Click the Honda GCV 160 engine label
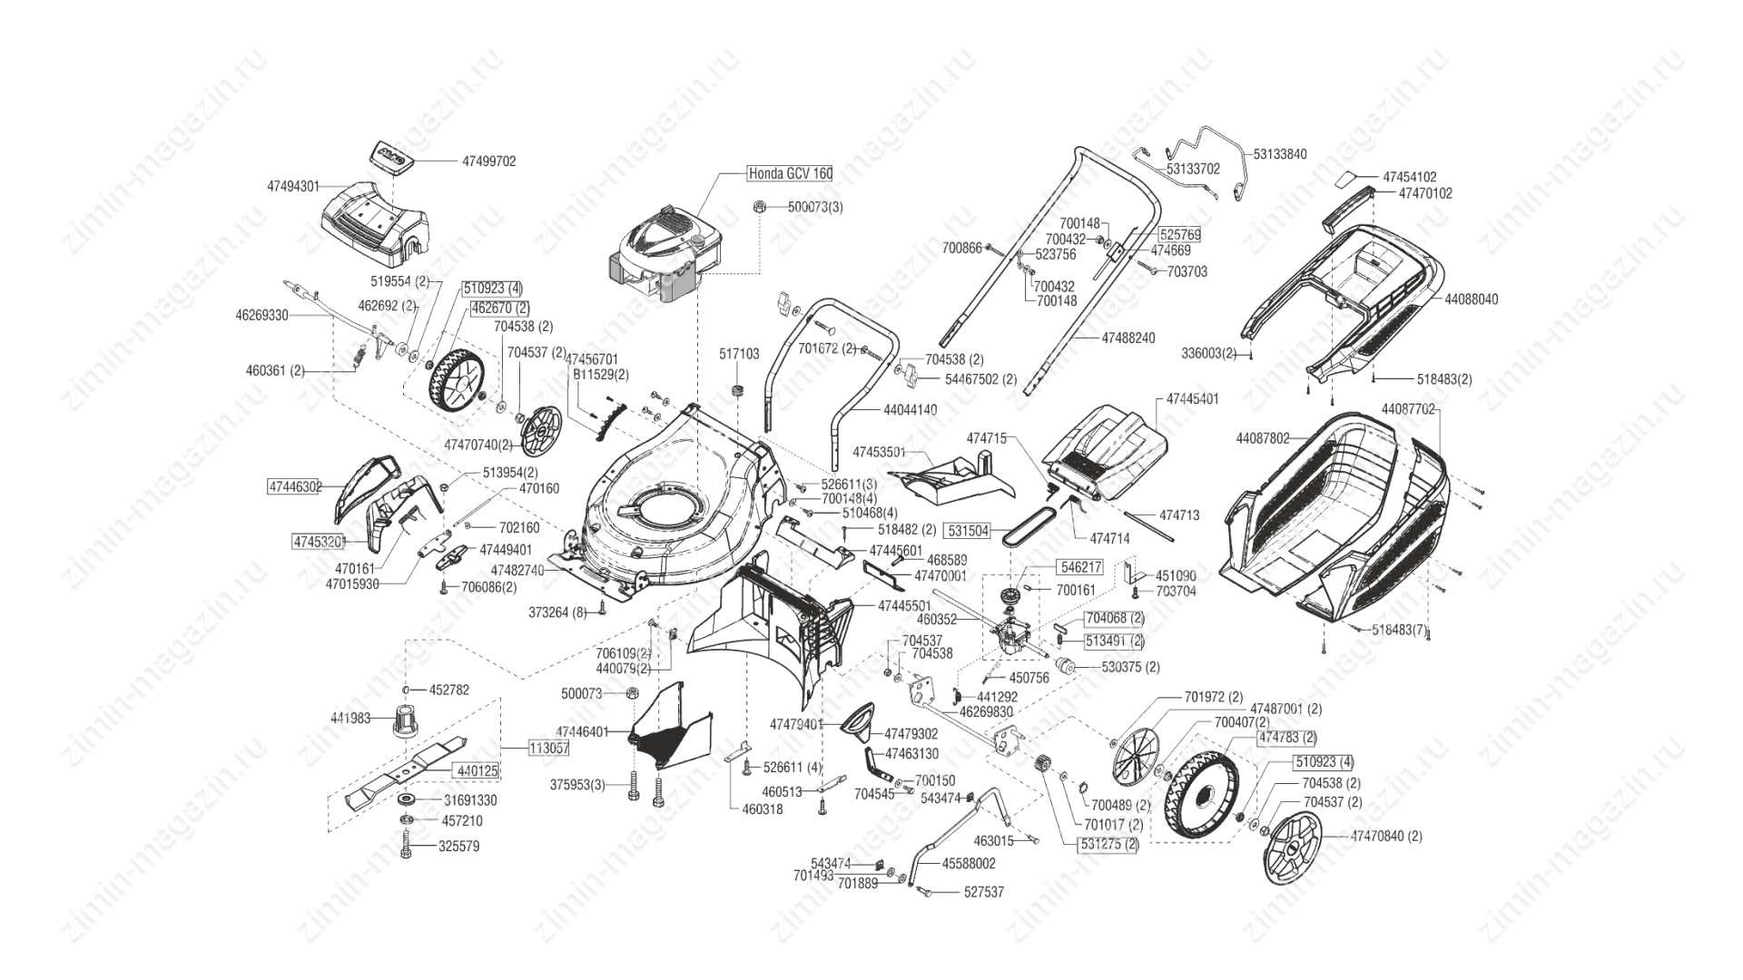point(789,173)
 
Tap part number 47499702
point(488,162)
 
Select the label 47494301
point(293,186)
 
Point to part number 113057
point(549,748)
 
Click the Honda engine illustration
point(663,254)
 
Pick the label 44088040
point(1471,299)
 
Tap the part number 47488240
point(1128,338)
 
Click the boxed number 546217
point(1081,567)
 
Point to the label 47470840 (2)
point(1386,836)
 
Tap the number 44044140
point(910,410)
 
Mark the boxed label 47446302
point(295,486)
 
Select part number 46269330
point(261,316)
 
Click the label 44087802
point(1262,438)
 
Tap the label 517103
point(739,354)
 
